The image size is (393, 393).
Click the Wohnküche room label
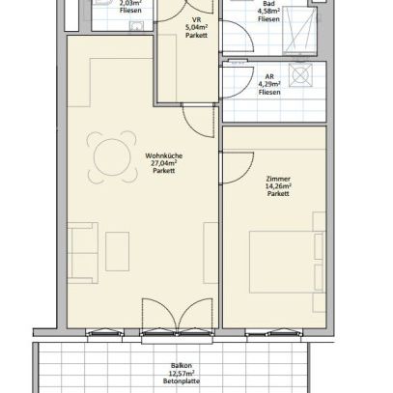pos(162,155)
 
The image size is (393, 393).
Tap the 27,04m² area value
pos(162,163)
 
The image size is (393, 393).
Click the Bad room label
pos(269,4)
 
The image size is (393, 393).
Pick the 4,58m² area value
pos(269,12)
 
